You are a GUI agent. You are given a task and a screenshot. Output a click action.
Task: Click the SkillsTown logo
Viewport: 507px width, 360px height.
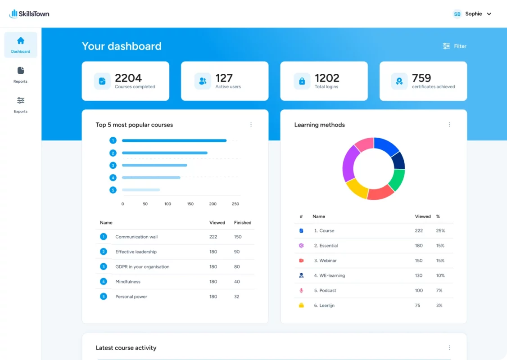pos(29,14)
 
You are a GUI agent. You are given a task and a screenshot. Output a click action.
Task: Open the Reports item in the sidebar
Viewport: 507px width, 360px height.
pos(21,75)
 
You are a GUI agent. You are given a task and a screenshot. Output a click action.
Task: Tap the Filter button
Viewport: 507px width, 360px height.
pos(454,46)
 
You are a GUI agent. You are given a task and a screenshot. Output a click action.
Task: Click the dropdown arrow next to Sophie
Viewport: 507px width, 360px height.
pos(489,14)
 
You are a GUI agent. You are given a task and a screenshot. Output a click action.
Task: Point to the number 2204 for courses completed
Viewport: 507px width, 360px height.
pos(128,78)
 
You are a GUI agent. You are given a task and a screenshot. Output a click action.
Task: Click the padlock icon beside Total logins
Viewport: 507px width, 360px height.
pos(302,81)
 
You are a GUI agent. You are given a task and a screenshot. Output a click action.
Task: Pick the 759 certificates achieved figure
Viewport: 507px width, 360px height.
pos(421,78)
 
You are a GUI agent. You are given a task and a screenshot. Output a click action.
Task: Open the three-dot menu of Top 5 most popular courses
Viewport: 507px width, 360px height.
pos(251,125)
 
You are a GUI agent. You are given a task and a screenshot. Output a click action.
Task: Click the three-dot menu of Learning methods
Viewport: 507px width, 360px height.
pos(449,125)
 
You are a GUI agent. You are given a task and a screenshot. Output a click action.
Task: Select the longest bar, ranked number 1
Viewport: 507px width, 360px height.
pos(174,140)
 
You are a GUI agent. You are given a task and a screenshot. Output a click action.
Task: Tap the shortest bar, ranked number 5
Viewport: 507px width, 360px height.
pos(141,190)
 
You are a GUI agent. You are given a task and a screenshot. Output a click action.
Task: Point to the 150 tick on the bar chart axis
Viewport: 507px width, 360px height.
pos(190,204)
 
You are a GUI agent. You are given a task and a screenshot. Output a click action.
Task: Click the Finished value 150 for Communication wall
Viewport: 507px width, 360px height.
pos(238,237)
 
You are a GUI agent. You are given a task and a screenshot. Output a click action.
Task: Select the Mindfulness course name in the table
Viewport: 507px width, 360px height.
pos(128,282)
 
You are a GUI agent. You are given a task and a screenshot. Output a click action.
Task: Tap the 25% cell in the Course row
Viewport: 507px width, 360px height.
pos(440,231)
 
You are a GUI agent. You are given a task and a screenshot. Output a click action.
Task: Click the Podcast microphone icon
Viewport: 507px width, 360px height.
pos(301,291)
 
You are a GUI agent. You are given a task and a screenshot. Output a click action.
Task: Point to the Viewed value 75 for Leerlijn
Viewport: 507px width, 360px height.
pos(417,306)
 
